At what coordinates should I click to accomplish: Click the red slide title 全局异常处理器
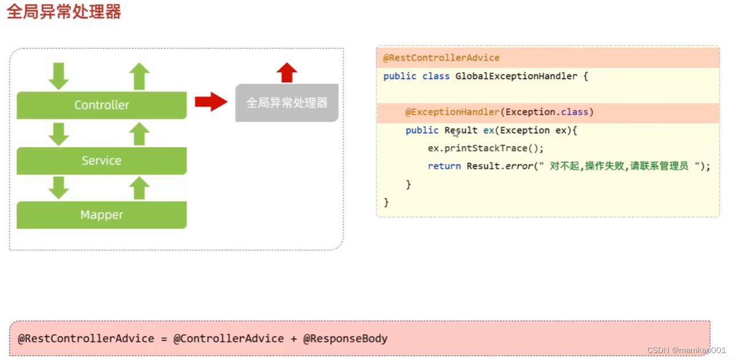(64, 12)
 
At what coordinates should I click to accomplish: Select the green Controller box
(101, 105)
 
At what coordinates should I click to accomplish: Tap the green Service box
(101, 161)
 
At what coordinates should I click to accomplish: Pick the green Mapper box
(101, 215)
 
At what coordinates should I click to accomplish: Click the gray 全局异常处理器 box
(287, 103)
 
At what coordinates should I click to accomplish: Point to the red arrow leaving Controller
(210, 102)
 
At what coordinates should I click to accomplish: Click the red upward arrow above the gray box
(287, 73)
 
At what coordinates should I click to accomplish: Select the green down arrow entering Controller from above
(58, 76)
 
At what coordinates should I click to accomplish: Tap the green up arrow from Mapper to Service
(139, 188)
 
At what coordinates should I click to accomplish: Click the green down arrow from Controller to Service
(58, 134)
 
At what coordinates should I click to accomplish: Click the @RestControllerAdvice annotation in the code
(441, 58)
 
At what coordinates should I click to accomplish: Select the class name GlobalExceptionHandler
(516, 76)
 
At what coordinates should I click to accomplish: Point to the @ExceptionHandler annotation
(452, 112)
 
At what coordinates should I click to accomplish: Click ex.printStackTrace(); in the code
(486, 148)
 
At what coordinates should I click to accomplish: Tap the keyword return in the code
(444, 166)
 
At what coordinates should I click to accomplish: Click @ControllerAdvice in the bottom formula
(228, 338)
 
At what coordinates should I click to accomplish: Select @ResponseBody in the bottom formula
(345, 338)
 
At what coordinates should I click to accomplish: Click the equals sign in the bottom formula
(163, 338)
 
